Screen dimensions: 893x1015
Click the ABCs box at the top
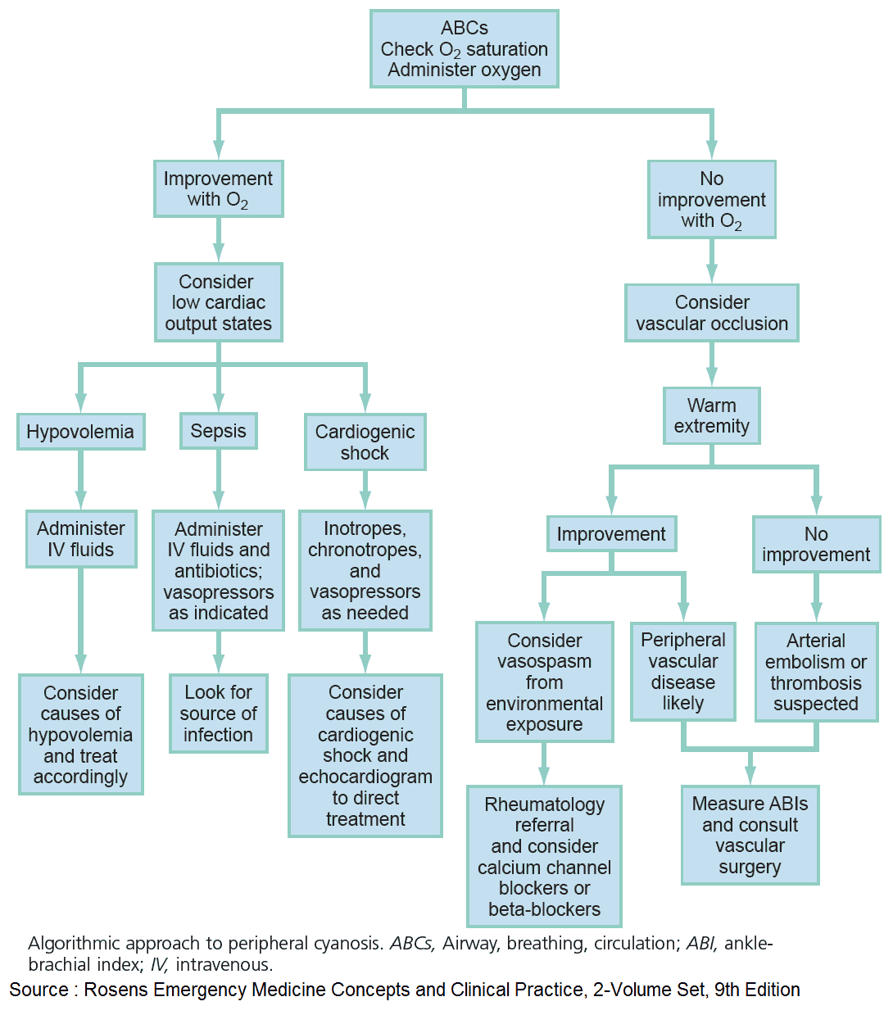tap(464, 49)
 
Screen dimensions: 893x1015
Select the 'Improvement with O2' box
tap(219, 189)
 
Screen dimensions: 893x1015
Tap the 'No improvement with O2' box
tap(712, 199)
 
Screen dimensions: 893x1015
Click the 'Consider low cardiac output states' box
tap(219, 302)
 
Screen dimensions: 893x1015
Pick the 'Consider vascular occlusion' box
tap(712, 313)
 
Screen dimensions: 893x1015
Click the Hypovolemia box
tap(80, 432)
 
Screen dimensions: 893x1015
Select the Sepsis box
tap(219, 431)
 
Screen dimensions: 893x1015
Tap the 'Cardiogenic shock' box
tap(365, 442)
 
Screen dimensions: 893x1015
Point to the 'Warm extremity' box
tap(712, 416)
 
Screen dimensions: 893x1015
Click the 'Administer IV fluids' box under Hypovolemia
tap(80, 539)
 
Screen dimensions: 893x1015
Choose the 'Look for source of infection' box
tap(219, 714)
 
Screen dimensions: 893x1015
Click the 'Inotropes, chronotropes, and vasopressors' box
tap(365, 571)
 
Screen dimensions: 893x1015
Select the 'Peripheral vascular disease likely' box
tap(683, 672)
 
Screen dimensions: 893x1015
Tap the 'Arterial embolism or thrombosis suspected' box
tap(816, 673)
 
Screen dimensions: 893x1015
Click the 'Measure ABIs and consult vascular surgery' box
tap(750, 835)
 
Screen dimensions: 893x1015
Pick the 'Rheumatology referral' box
tap(544, 856)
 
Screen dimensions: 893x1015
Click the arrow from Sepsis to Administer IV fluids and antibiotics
tap(219, 479)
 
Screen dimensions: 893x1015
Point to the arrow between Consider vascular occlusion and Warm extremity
tap(712, 365)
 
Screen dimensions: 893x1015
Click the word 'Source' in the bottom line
tap(39, 990)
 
